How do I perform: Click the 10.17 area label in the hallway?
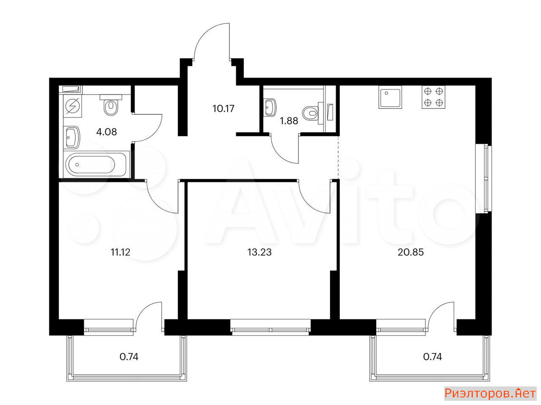(223, 108)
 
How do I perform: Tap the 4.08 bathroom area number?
(107, 132)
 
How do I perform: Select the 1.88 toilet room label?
(289, 121)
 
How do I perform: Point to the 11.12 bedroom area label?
(120, 252)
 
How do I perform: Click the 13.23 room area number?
(260, 252)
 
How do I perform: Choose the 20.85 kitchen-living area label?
(411, 252)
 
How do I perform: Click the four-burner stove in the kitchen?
(434, 97)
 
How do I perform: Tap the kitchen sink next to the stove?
(391, 97)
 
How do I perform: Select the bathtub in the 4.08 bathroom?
(96, 164)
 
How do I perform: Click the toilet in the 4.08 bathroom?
(111, 105)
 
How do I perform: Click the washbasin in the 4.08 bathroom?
(72, 138)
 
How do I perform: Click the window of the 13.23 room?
(270, 327)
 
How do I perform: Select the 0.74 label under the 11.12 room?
(129, 356)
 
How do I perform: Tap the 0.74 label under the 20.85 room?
(432, 356)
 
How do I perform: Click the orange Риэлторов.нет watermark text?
(490, 394)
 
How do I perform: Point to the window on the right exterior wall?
(484, 178)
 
